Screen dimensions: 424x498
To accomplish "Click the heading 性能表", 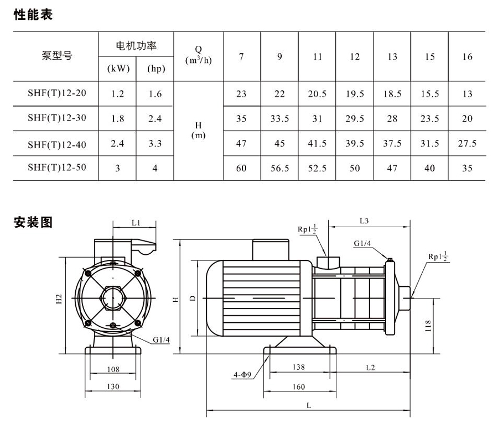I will (x=33, y=15).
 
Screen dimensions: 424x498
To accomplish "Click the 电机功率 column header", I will (x=136, y=45).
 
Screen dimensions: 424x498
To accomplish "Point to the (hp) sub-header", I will (x=155, y=70).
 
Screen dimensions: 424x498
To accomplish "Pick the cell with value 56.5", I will (x=279, y=168).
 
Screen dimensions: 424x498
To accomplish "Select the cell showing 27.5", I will (x=467, y=143).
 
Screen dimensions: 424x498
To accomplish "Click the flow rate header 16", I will (x=467, y=57).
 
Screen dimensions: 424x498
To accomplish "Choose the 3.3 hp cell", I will (x=155, y=143).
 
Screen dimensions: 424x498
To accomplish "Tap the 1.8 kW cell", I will (x=117, y=118).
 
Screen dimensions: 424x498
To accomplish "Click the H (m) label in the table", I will (x=198, y=130).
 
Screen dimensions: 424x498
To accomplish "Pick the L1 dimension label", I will (x=136, y=223).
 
